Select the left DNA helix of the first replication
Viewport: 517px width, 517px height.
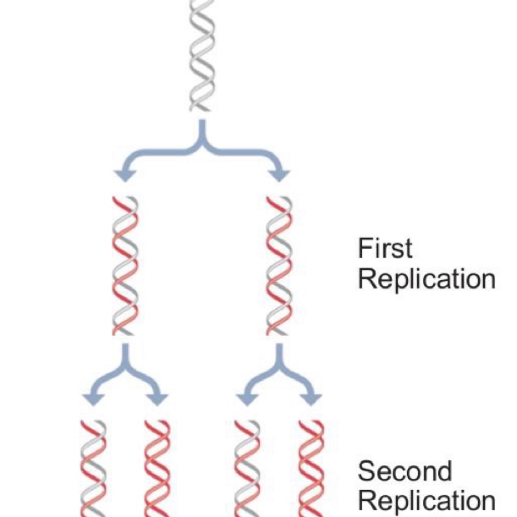click(x=125, y=266)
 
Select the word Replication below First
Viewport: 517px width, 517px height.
click(x=426, y=279)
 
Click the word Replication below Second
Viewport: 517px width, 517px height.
click(x=426, y=501)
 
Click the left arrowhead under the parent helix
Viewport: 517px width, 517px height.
click(x=125, y=175)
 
